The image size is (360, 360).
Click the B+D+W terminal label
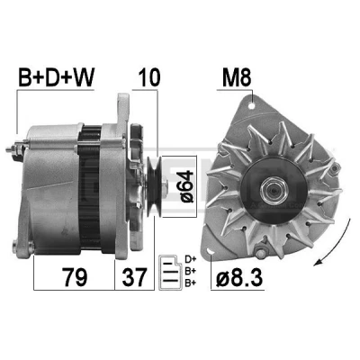57,77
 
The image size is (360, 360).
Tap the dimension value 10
148,77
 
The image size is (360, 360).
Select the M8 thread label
237,77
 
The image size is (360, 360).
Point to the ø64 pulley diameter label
186,186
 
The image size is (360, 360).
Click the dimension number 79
75,277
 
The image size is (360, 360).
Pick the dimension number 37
134,277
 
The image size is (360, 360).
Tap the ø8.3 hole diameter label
239,277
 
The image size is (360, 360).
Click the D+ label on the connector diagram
190,258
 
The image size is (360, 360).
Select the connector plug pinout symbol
170,273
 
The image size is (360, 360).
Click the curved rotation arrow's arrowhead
319,263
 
